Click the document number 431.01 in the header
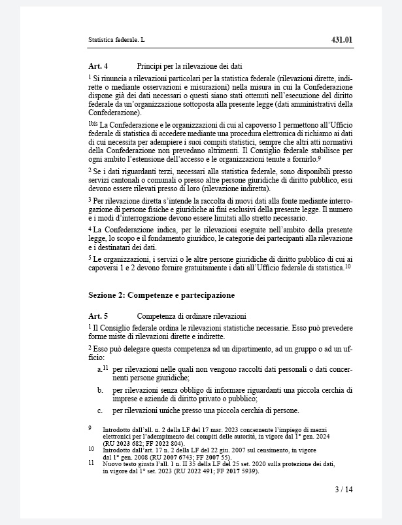pyautogui.click(x=342, y=40)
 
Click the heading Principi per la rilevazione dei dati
pyautogui.click(x=190, y=66)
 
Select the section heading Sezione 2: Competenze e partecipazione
pyautogui.click(x=161, y=295)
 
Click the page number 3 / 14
pyautogui.click(x=343, y=489)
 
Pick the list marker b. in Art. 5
pyautogui.click(x=100, y=390)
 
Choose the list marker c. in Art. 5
pyautogui.click(x=100, y=410)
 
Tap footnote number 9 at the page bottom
pyautogui.click(x=90, y=427)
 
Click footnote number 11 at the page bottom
pyautogui.click(x=91, y=462)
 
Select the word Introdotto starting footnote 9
pyautogui.click(x=116, y=428)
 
